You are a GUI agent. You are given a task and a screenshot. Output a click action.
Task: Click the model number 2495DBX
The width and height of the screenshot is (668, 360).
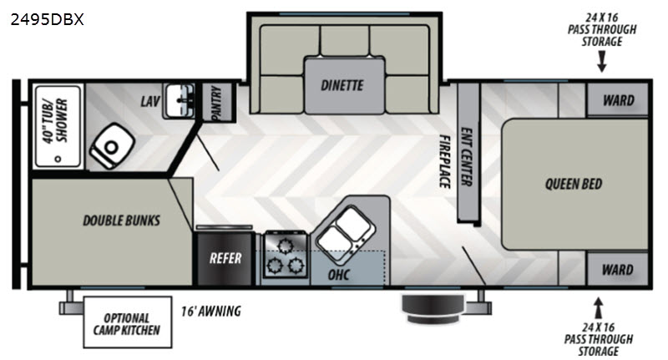48,19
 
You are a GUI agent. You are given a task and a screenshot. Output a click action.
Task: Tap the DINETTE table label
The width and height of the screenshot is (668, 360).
342,85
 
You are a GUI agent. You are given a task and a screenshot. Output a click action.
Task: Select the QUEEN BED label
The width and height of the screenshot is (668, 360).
574,184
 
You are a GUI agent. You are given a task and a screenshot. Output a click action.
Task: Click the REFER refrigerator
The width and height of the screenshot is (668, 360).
225,258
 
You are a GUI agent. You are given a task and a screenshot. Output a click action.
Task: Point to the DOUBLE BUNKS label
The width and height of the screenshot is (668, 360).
121,221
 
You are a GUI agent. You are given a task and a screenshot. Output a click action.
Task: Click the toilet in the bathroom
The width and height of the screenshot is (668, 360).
112,146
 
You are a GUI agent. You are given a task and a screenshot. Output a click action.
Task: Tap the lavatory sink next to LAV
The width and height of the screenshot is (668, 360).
180,100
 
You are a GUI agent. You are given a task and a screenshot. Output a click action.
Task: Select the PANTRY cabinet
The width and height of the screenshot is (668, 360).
217,102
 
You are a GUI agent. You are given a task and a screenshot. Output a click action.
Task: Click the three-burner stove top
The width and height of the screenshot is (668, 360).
286,256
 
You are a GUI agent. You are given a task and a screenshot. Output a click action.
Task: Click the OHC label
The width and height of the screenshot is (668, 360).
339,275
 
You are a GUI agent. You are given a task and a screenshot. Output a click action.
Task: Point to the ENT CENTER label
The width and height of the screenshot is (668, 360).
467,157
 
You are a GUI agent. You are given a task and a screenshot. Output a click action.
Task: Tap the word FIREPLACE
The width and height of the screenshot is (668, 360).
445,161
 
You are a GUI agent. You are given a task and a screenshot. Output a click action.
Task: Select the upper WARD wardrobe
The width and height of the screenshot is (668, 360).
618,100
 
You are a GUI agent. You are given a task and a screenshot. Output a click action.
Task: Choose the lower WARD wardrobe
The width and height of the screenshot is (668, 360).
617,269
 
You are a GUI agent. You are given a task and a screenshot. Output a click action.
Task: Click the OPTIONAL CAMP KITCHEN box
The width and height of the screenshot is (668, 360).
128,322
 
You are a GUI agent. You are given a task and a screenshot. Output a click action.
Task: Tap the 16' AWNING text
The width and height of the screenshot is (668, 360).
211,312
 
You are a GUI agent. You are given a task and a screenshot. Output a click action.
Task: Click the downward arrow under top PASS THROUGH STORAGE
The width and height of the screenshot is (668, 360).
601,62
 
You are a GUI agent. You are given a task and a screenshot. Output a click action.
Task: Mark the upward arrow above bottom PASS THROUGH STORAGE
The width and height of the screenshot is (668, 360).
599,307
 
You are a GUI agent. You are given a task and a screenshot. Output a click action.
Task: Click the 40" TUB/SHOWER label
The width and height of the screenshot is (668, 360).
56,120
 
